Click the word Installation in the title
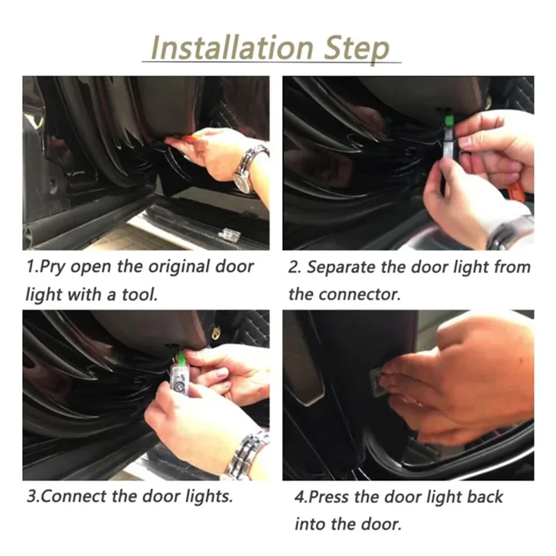(232, 47)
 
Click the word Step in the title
(357, 49)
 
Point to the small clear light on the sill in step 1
(230, 234)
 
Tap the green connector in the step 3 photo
(181, 357)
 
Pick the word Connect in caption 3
(74, 496)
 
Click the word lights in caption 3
(209, 497)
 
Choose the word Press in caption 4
(329, 497)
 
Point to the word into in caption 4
(308, 524)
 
